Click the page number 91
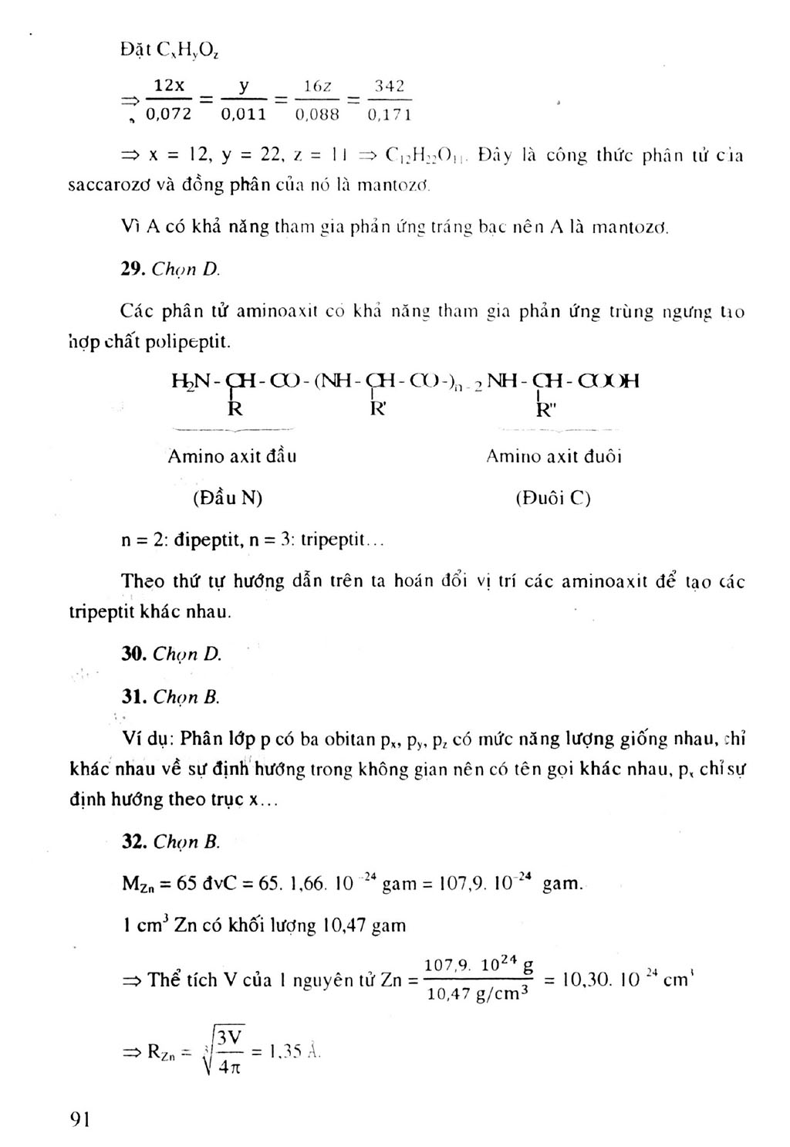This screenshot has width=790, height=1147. click(x=79, y=1119)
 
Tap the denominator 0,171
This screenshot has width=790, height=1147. click(x=390, y=115)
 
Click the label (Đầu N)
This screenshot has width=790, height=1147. click(x=228, y=498)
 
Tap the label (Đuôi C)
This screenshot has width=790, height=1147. click(x=552, y=498)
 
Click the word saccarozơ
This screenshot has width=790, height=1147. click(x=100, y=186)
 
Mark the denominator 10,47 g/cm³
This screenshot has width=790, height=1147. click(x=478, y=993)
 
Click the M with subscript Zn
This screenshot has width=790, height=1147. click(x=137, y=885)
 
